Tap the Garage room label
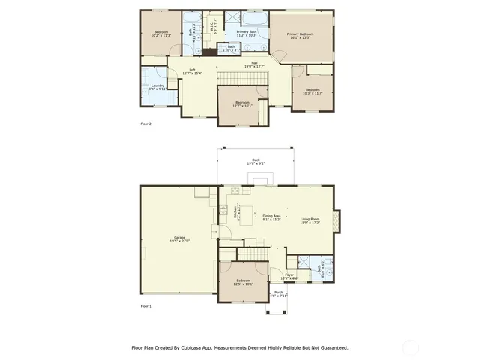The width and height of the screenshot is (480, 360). tap(180, 238)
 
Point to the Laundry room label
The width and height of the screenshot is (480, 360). tap(157, 86)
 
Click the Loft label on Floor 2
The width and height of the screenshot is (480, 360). tap(193, 71)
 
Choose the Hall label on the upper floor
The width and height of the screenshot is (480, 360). tap(254, 64)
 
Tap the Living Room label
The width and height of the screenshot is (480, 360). tap(310, 219)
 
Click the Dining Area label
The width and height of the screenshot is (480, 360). tap(271, 217)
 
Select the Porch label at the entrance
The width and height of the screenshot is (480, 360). tap(278, 292)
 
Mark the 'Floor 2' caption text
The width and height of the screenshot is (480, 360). tap(145, 124)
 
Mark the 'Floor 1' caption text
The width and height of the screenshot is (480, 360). tap(145, 307)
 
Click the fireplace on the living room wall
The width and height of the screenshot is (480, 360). tap(337, 220)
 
